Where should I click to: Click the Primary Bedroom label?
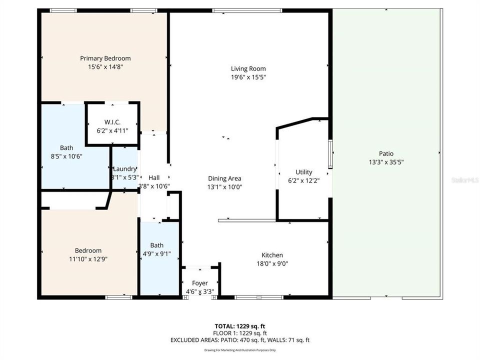tap(105, 58)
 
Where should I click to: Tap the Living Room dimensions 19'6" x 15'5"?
tap(248, 77)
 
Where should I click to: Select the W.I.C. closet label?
tap(112, 122)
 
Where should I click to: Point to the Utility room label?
tap(303, 172)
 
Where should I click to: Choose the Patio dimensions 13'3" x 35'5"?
tap(386, 162)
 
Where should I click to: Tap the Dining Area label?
tap(225, 178)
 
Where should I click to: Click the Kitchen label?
tap(272, 255)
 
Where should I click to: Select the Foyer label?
tap(200, 283)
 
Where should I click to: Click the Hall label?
tap(154, 177)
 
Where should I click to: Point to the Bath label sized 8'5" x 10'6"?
tap(66, 147)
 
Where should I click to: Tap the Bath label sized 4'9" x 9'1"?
tap(157, 245)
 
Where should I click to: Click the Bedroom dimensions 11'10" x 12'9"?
tap(88, 259)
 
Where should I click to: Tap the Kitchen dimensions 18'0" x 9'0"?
tap(272, 263)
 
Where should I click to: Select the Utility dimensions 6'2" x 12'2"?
tap(303, 180)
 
